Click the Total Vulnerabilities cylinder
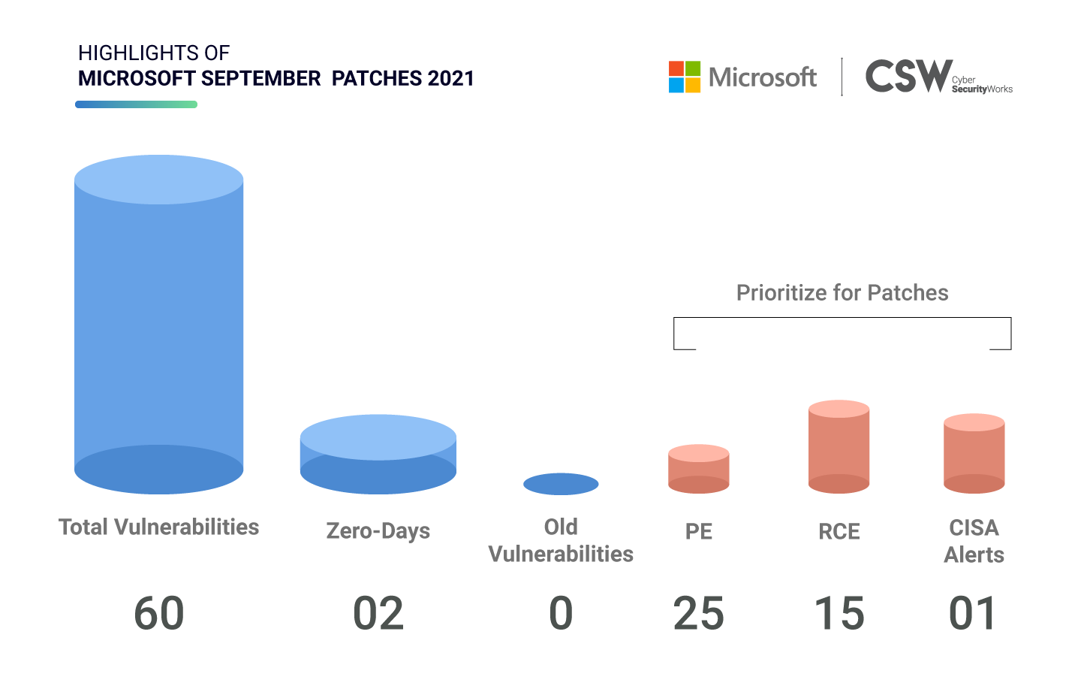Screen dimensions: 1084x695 click(158, 325)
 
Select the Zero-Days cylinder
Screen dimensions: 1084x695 click(378, 455)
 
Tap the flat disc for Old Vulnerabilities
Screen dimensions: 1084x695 click(561, 484)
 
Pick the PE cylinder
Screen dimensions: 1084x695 click(699, 469)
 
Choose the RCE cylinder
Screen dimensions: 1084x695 click(839, 446)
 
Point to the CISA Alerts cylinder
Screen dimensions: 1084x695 click(974, 453)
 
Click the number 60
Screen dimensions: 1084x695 click(159, 613)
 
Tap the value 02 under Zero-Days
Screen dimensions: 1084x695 click(378, 613)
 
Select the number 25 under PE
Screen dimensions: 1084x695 click(699, 613)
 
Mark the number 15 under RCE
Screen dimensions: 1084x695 click(839, 613)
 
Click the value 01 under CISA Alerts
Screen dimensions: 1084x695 click(973, 613)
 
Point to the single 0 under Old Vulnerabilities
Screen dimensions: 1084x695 click(561, 613)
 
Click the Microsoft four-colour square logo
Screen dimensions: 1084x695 click(685, 77)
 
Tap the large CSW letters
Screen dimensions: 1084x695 click(909, 76)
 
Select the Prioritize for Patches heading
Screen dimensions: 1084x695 click(842, 292)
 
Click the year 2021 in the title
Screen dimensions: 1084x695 click(450, 78)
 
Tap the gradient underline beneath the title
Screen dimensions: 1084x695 click(136, 104)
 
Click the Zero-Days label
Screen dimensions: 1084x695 click(378, 530)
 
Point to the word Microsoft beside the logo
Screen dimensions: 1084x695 click(763, 77)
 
